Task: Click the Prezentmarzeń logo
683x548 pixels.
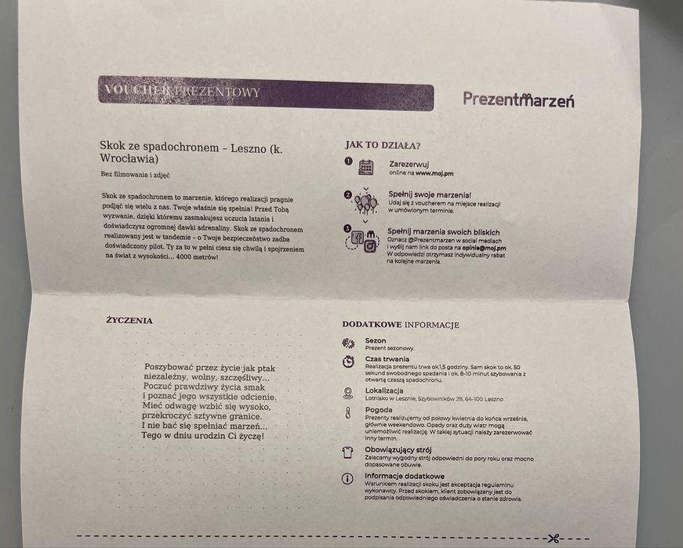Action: pos(518,99)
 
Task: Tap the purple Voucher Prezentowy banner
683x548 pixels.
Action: pos(266,96)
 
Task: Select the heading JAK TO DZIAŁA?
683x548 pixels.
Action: pos(382,145)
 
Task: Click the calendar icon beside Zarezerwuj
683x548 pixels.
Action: pos(365,167)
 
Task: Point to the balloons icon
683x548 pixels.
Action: pos(365,202)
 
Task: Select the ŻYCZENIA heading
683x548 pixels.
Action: pos(129,320)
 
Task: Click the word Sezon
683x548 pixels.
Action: pos(376,340)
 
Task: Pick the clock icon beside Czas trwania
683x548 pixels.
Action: pos(348,361)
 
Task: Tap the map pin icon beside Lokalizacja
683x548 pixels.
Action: pos(348,393)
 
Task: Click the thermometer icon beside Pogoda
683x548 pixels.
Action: pos(347,413)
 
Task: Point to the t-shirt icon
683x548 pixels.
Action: pos(348,452)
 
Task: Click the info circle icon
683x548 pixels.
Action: pos(348,478)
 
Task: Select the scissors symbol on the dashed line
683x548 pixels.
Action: pos(554,538)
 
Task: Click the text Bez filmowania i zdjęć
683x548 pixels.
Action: pos(135,174)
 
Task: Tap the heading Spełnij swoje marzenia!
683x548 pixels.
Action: pos(430,194)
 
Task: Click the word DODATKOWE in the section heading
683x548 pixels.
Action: pos(372,324)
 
